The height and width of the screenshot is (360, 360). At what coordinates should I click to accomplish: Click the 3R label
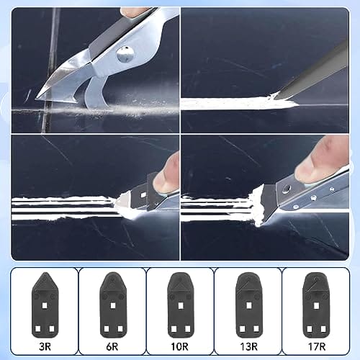point(45,346)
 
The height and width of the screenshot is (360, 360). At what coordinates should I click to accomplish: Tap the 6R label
point(112,346)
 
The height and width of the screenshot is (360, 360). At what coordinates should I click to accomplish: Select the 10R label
point(179,346)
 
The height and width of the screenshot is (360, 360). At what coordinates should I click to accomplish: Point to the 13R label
point(249,346)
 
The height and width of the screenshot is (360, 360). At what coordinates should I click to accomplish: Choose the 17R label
point(317,346)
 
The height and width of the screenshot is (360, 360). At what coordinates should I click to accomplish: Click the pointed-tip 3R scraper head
point(45,305)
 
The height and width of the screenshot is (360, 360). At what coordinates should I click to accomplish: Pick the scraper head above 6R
point(113,305)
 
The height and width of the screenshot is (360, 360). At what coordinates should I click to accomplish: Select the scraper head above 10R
point(181,305)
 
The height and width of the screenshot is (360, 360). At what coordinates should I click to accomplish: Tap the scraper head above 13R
point(249,305)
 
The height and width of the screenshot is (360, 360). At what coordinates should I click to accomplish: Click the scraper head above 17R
point(316,305)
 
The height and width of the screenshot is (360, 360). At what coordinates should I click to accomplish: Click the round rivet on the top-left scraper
point(125,54)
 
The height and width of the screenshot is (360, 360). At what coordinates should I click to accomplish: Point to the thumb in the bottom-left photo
point(167,174)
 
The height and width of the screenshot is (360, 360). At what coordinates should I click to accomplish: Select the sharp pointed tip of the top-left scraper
point(37,98)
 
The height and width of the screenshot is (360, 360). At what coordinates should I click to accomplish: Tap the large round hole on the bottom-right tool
point(286,189)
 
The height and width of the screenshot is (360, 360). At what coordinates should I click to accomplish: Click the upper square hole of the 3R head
point(45,305)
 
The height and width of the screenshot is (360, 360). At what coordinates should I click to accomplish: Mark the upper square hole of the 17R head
point(316,305)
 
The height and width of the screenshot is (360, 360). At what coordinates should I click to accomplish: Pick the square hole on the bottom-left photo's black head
point(143,195)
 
